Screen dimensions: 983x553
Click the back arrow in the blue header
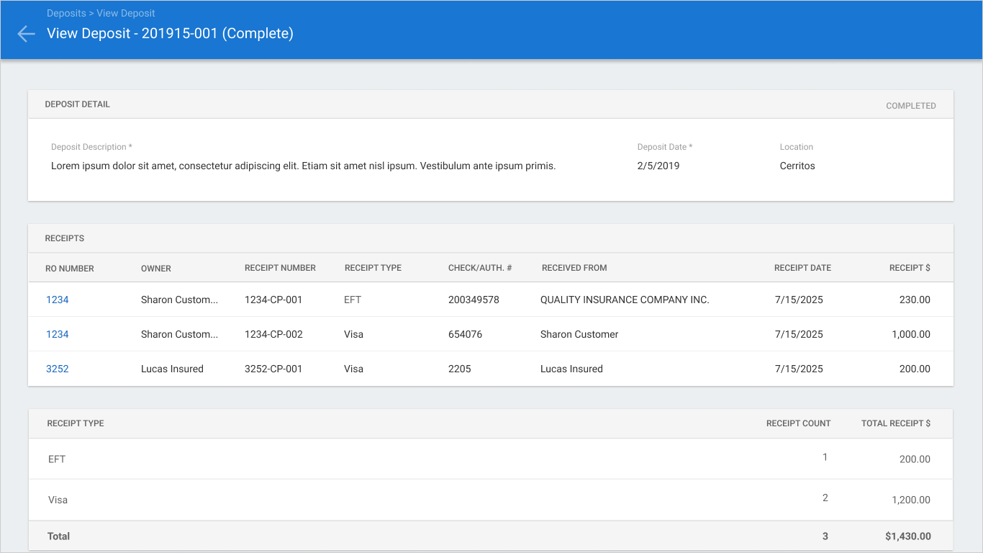point(26,34)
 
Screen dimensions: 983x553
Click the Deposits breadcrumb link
point(66,13)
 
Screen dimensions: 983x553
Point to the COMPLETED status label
point(910,106)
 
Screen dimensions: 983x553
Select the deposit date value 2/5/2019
point(658,166)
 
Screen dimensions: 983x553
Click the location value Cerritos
point(797,166)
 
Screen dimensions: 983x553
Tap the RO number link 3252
point(57,369)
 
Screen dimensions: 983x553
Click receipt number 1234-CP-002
point(273,334)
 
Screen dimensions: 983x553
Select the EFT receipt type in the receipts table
point(353,300)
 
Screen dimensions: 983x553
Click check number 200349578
point(474,300)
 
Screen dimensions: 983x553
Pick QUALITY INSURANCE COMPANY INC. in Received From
point(625,300)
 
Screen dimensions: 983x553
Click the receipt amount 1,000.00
point(910,334)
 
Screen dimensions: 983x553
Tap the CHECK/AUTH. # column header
point(480,268)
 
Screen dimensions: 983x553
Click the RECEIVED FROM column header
point(574,268)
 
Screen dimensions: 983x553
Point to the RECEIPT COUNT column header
point(798,423)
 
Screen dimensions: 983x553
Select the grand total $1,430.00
point(908,536)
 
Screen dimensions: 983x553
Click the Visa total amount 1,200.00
point(910,500)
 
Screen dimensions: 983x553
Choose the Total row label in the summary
point(58,536)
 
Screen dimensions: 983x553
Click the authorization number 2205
point(459,369)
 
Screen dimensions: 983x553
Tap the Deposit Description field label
point(91,147)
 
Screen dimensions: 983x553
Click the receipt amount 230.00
point(915,300)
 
